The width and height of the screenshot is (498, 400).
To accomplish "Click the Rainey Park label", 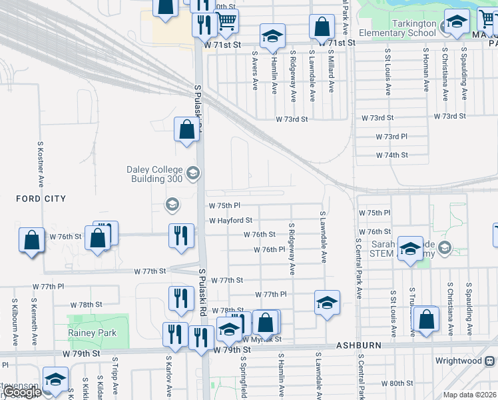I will [x=92, y=333].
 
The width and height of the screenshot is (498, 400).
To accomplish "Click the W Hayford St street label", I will [x=230, y=220].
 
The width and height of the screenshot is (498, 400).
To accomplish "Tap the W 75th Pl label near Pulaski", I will [x=224, y=206].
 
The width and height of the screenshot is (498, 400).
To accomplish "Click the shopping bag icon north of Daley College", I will [x=187, y=129].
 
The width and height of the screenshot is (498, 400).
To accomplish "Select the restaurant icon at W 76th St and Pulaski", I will [x=180, y=236].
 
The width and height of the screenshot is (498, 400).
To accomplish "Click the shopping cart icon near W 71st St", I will [x=226, y=22].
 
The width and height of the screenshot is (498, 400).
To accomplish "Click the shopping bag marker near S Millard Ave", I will [x=322, y=27].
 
